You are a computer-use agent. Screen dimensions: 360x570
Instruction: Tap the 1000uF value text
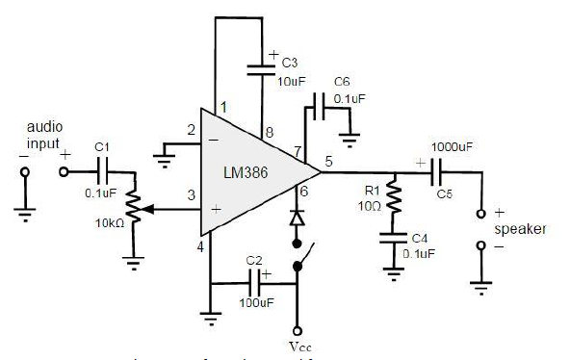click(x=452, y=146)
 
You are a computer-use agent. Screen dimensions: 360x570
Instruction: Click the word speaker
click(x=520, y=229)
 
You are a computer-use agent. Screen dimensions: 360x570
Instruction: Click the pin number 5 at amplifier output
click(x=328, y=162)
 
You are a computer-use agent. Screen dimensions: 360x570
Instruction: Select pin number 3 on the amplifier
click(x=191, y=195)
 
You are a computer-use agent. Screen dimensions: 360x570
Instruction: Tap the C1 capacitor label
click(x=103, y=146)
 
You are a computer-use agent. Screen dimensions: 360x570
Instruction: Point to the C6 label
click(x=342, y=82)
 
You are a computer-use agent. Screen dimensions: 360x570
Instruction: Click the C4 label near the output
click(x=418, y=237)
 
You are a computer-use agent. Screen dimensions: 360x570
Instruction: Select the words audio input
click(x=43, y=136)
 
